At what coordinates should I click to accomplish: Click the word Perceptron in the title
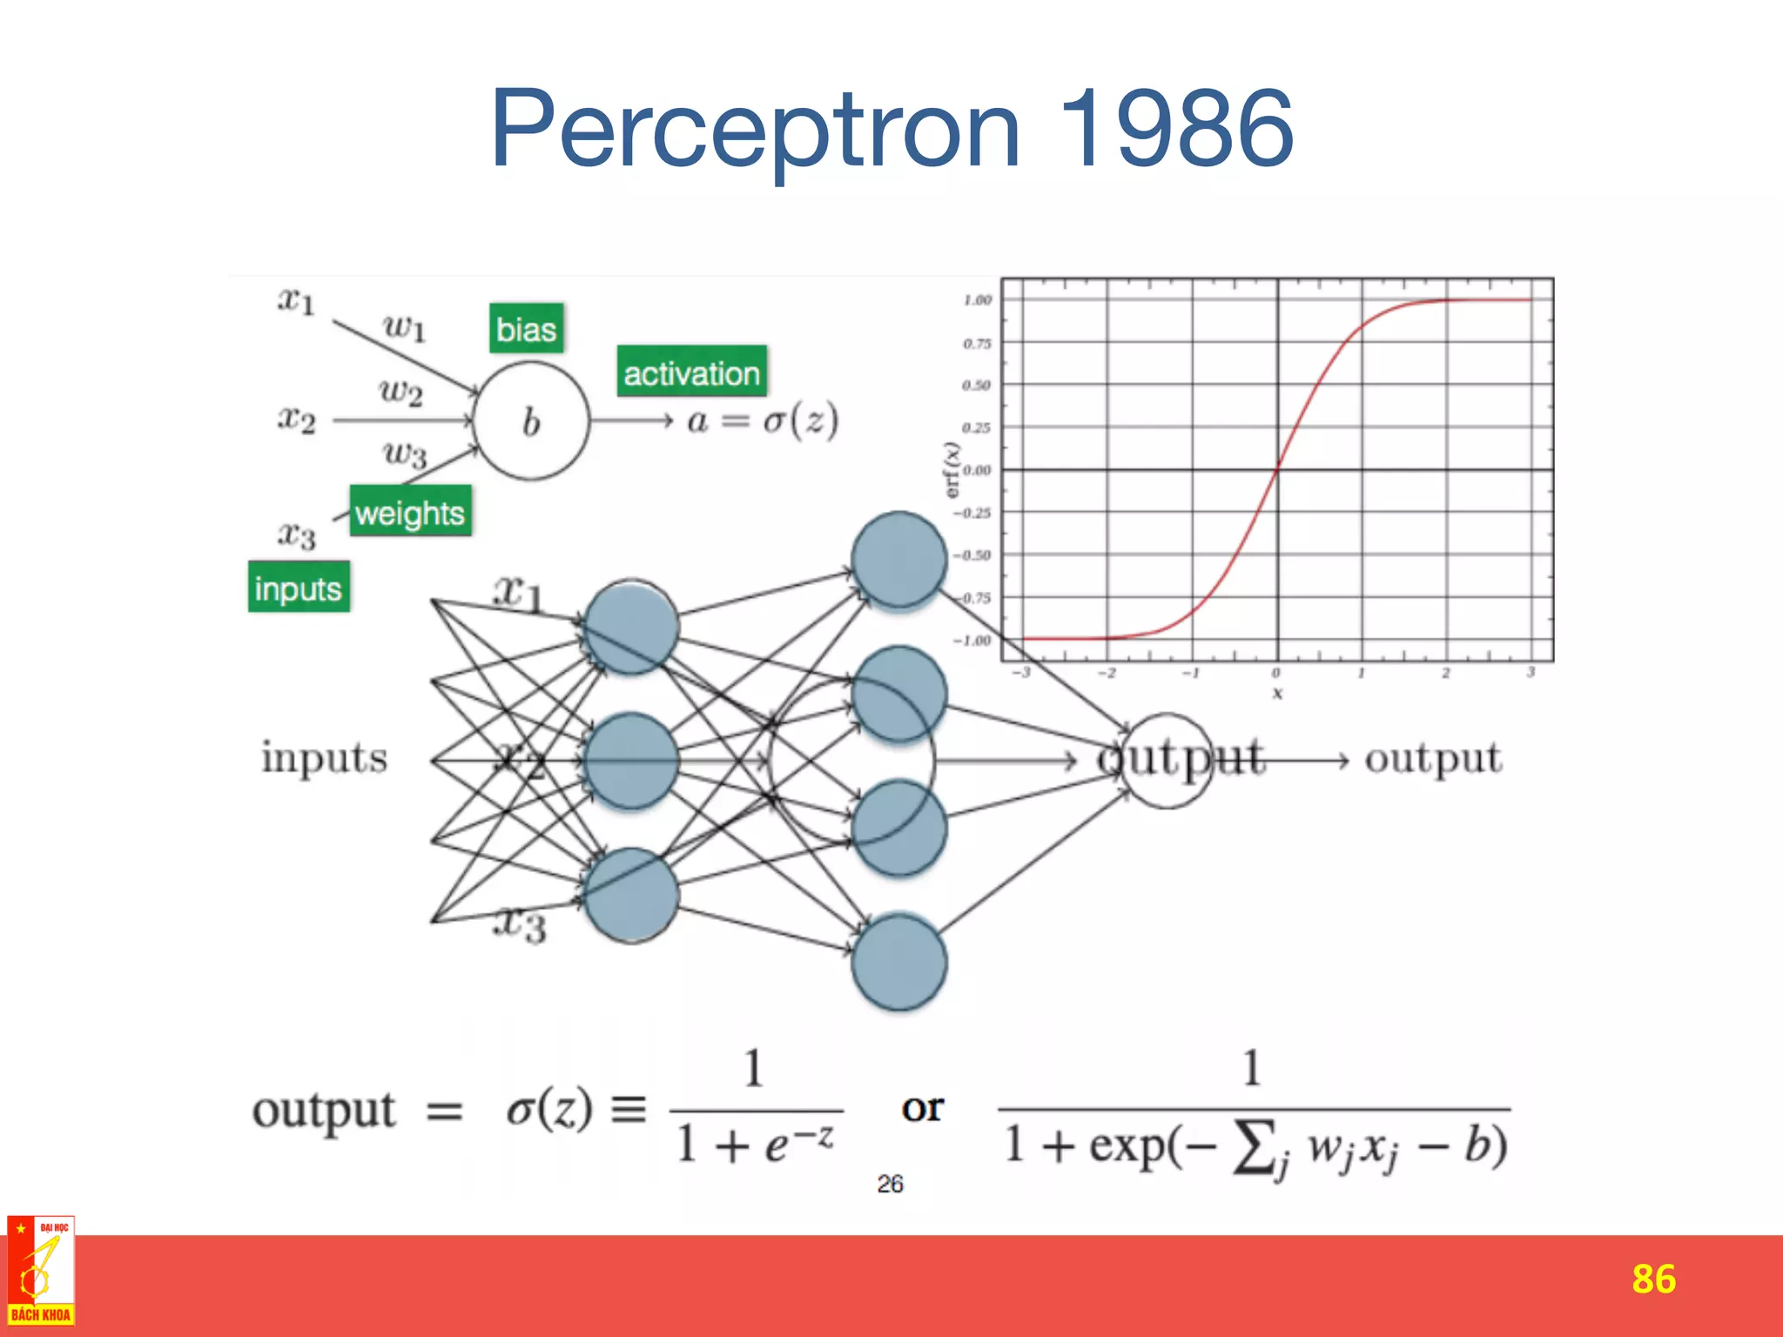[756, 131]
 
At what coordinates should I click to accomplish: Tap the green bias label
[526, 329]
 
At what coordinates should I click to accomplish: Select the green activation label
[692, 373]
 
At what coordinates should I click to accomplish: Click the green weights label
[410, 512]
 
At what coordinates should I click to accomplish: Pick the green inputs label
[299, 588]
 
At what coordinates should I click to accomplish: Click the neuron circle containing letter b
[531, 421]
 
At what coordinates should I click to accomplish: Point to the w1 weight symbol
[404, 327]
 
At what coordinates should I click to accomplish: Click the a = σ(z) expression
[763, 420]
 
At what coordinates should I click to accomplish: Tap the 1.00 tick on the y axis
[977, 300]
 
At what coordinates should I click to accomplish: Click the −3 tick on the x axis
[1021, 673]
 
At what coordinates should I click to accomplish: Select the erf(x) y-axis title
[952, 470]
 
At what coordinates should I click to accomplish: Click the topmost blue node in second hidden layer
[898, 560]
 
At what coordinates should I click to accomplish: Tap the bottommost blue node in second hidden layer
[898, 962]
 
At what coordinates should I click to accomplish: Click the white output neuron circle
[1167, 761]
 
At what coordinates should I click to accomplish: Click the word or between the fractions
[922, 1107]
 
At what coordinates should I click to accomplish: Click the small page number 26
[890, 1184]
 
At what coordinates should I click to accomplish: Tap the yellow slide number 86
[1652, 1279]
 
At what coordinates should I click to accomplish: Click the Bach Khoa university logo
[41, 1270]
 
